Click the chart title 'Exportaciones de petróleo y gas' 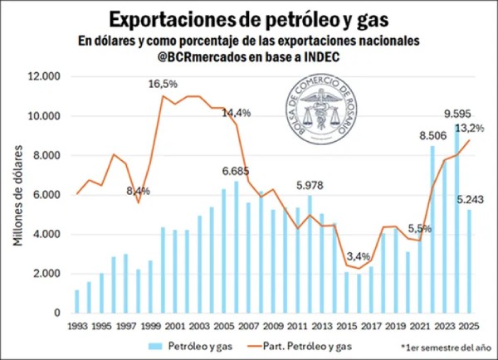[x=249, y=17]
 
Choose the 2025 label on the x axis [x=468, y=325]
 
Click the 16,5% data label [x=163, y=84]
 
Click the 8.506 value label [x=432, y=134]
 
